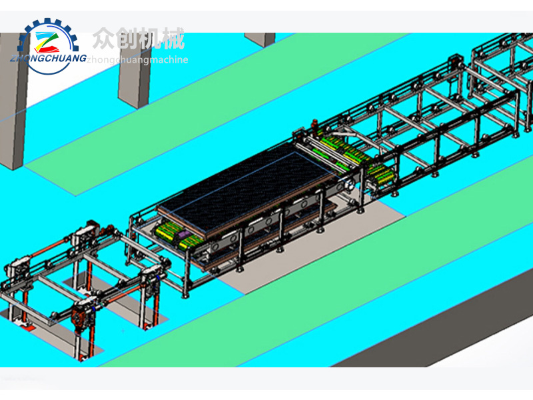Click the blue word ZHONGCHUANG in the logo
(x=48, y=58)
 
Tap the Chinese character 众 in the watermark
(x=103, y=39)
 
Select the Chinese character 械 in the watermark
(x=173, y=39)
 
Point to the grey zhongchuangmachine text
(x=137, y=60)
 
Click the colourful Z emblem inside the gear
(x=47, y=42)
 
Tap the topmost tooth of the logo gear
(x=47, y=21)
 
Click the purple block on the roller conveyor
(x=184, y=234)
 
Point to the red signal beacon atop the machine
(x=314, y=122)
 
